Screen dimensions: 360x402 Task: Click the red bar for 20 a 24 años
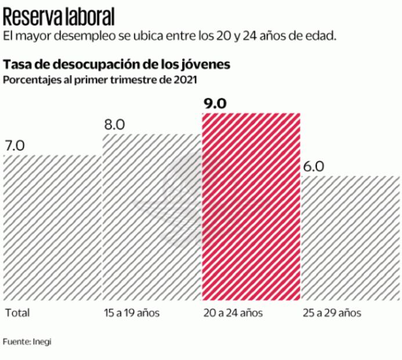[251, 207]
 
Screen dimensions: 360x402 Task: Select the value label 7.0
[15, 146]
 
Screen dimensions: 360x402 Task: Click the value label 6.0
[313, 166]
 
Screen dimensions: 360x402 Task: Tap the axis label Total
[17, 313]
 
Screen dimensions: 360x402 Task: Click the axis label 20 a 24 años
[233, 313]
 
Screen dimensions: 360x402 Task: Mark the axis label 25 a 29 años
[332, 313]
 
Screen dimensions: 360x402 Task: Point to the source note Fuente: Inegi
[27, 342]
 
